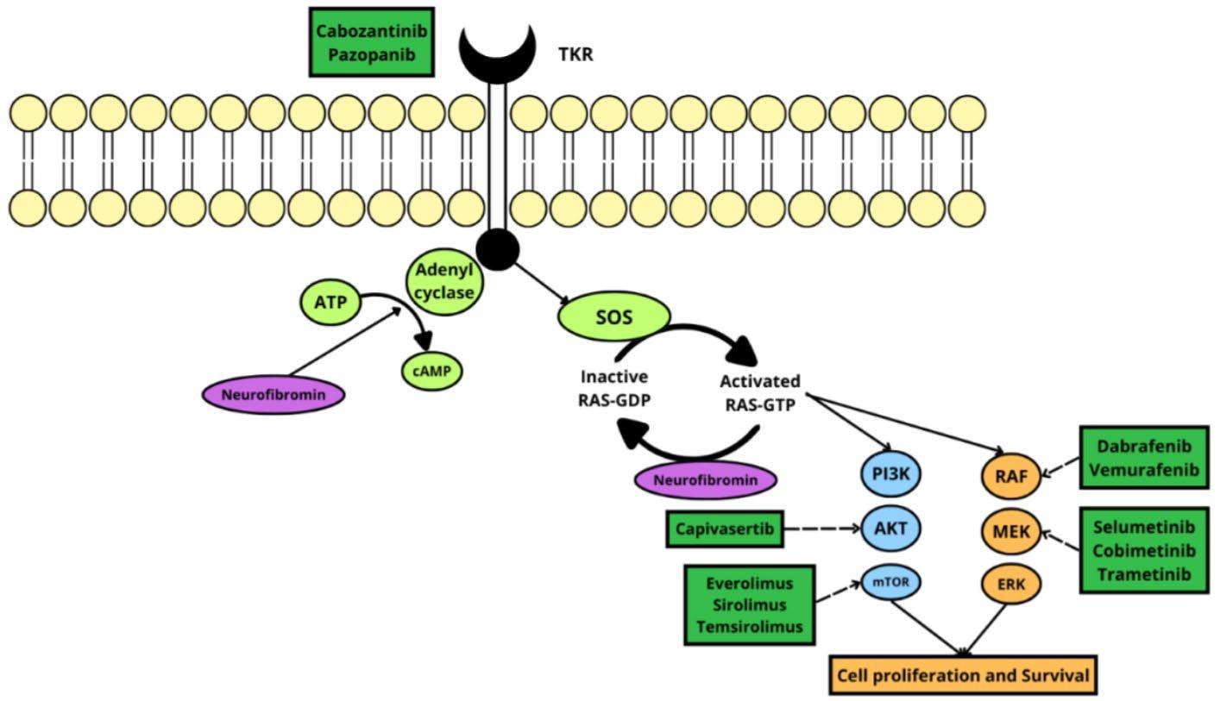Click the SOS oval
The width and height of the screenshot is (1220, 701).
[x=614, y=317]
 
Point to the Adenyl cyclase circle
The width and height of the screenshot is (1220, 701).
[x=444, y=282]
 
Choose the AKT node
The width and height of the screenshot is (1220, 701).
[x=891, y=527]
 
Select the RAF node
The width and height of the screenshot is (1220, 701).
[x=1011, y=474]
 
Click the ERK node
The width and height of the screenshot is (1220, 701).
[x=1011, y=585]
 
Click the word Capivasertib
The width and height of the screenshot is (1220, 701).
[x=725, y=528]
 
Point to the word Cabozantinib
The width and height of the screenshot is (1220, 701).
[x=372, y=31]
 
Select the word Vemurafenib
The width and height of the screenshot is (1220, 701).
[x=1145, y=470]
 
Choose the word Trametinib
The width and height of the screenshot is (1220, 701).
[x=1143, y=573]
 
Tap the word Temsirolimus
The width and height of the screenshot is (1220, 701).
[x=750, y=626]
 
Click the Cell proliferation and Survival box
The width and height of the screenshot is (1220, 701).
[x=962, y=674]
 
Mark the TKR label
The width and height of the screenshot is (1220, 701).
[x=575, y=56]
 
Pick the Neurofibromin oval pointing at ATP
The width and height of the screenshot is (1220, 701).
[x=274, y=395]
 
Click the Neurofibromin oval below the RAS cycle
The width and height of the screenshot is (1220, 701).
[x=705, y=479]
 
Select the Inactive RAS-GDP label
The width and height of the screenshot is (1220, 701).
[x=614, y=388]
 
